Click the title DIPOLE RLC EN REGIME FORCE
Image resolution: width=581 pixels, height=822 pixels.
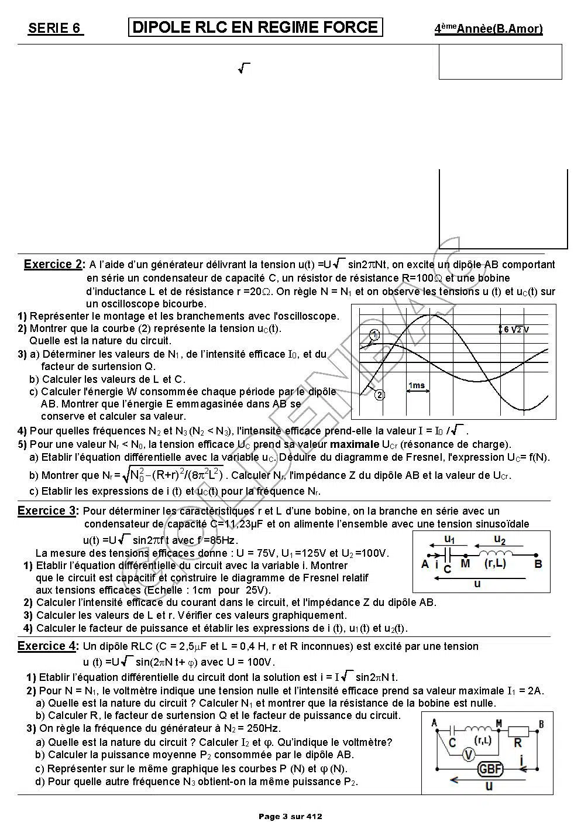coord(255,28)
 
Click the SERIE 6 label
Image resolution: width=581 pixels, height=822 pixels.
coord(55,29)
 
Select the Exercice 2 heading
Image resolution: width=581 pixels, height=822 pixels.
coord(53,265)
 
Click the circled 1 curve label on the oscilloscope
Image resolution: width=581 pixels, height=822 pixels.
coord(374,335)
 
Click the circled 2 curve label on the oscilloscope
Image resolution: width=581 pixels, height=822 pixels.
coord(379,395)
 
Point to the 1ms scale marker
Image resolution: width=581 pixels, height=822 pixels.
coord(417,385)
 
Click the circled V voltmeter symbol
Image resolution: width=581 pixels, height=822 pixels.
coord(467,755)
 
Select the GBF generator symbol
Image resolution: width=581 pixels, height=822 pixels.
coord(490,769)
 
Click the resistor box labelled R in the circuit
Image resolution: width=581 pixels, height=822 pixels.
coord(517,731)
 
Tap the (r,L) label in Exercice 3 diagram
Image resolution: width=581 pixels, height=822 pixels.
coord(495,564)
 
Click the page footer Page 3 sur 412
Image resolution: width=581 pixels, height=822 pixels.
coord(290,816)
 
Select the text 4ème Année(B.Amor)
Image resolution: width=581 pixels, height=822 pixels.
coord(488,29)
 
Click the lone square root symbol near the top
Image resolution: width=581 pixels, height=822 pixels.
coord(244,69)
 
